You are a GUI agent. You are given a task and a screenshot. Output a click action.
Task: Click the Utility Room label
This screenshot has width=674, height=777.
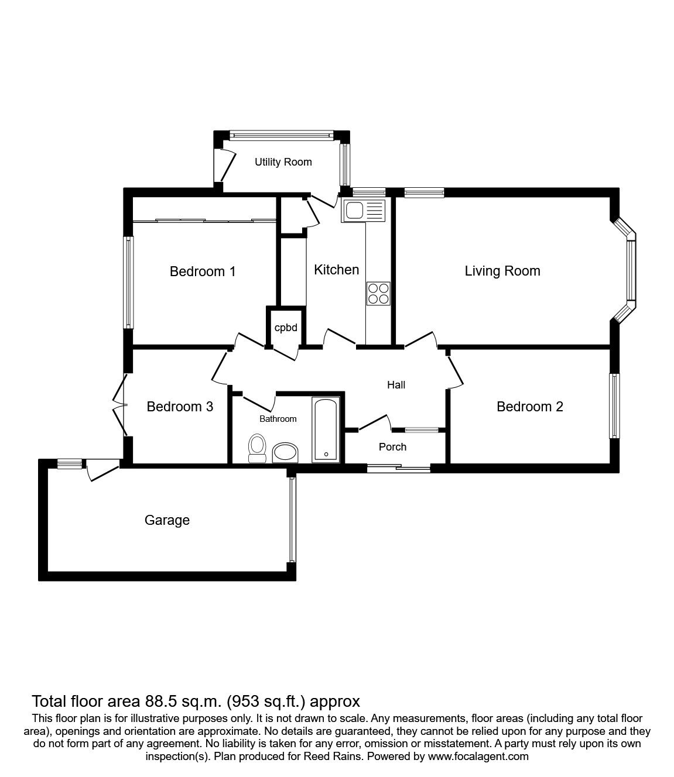tap(283, 163)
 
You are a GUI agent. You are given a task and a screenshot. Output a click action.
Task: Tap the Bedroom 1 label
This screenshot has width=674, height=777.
tap(203, 271)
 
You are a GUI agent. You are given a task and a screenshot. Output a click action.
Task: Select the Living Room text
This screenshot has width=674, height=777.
tap(502, 271)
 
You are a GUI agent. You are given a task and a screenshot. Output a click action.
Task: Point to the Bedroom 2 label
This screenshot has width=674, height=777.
tap(530, 407)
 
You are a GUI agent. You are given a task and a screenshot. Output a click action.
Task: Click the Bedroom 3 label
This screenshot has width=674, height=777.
tap(180, 407)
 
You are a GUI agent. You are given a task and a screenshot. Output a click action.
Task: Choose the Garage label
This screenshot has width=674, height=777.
tap(167, 521)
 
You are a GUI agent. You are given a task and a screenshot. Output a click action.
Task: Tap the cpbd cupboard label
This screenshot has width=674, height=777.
tap(286, 328)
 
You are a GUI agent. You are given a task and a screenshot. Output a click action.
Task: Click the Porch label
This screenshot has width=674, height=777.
tap(392, 447)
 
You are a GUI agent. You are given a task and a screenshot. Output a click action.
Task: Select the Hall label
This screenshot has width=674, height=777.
tap(396, 385)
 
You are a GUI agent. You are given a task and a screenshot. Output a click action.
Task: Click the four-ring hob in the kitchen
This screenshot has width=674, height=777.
tap(378, 294)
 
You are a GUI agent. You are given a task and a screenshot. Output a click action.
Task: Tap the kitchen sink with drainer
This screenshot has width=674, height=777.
tap(364, 211)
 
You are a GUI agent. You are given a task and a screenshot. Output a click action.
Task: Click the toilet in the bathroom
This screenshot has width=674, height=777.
tap(258, 448)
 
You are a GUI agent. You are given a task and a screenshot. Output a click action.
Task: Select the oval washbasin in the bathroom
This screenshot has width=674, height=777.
tap(285, 453)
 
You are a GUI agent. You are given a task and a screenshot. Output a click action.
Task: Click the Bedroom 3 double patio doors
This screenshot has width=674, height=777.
tap(121, 405)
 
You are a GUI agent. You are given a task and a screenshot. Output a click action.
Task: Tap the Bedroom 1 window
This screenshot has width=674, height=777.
tap(129, 283)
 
